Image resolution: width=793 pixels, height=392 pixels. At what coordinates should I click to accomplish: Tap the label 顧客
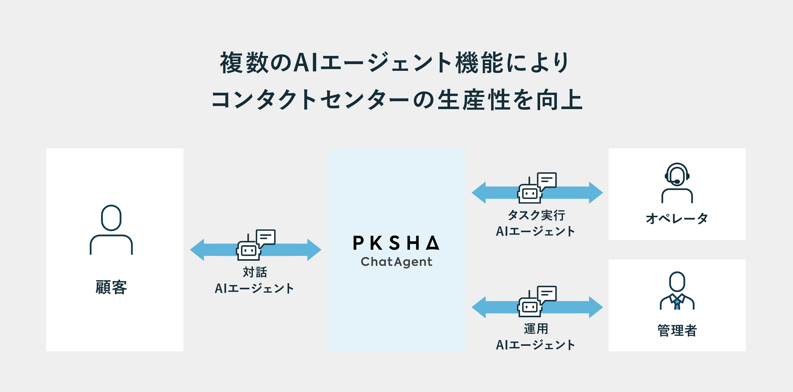pos(111,287)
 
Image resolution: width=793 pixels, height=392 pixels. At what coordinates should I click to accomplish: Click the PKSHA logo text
pos(396,243)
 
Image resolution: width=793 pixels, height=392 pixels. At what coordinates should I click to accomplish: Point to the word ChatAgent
pos(396,262)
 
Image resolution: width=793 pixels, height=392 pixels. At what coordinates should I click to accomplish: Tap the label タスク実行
pos(536,215)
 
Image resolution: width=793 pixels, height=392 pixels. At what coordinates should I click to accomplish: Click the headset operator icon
pos(677,183)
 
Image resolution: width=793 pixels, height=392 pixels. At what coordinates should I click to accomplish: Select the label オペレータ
pos(677,218)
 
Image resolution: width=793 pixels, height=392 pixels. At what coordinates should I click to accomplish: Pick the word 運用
pos(536,329)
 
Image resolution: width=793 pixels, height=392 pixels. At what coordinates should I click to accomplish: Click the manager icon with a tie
pos(677,291)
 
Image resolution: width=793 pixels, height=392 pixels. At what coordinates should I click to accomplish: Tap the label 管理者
pos(677,331)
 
